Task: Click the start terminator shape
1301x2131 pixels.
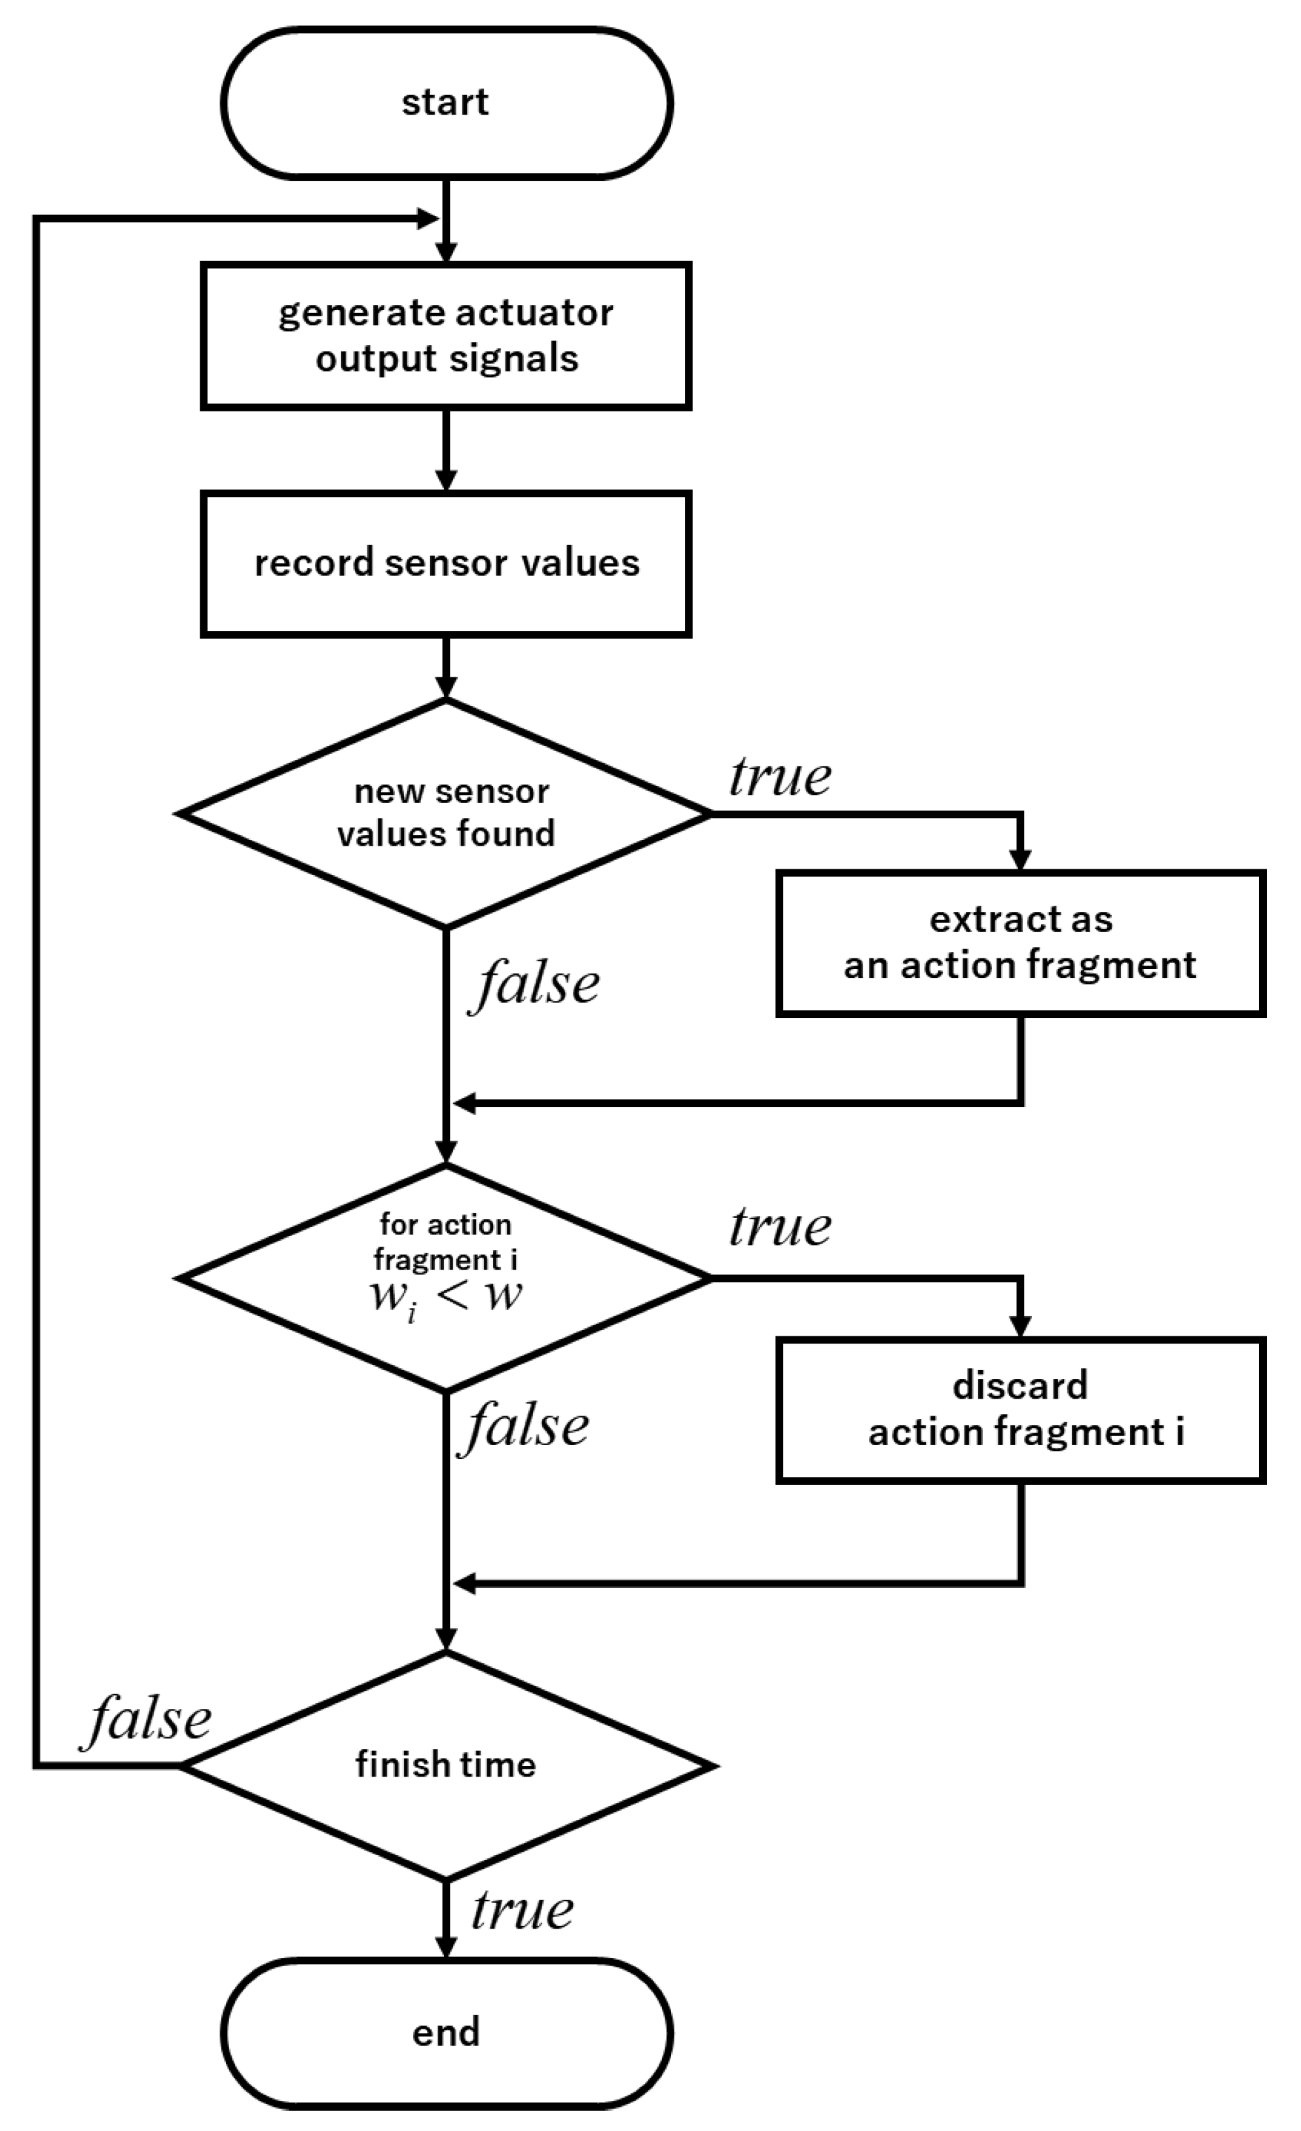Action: click(446, 103)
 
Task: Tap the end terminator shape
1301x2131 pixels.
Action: click(446, 2031)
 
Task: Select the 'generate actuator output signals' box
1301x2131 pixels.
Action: click(446, 335)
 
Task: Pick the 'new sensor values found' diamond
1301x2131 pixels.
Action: click(446, 813)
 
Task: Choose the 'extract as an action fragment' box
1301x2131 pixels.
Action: click(1020, 943)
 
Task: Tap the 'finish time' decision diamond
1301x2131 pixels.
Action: click(446, 1764)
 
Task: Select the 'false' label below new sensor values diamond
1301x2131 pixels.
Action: click(536, 984)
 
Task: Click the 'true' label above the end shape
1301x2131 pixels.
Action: click(522, 1910)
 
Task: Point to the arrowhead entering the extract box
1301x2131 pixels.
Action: click(1021, 859)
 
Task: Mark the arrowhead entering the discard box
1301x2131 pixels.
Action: click(1021, 1327)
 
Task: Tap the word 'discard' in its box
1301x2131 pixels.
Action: click(1020, 1386)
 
